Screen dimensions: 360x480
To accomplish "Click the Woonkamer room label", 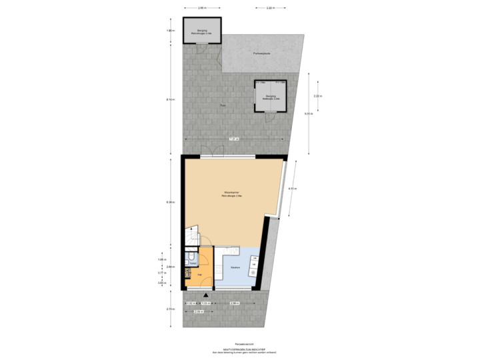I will point(232,194).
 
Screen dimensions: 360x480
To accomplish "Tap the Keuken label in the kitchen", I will point(235,267).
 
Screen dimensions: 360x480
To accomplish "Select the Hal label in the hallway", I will point(200,273).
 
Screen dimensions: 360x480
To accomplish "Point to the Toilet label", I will point(193,263).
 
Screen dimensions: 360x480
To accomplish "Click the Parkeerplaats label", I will point(261,53).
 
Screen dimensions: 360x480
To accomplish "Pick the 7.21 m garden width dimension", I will point(233,139).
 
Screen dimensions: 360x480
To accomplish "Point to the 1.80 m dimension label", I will point(170,31).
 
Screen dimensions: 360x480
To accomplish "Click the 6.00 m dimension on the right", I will point(307,113).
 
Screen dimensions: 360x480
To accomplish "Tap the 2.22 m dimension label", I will point(318,96).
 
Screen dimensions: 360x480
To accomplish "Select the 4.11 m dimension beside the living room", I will point(291,189).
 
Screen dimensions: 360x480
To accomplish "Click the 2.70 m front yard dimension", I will point(171,309).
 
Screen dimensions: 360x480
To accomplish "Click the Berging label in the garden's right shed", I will point(271,97).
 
